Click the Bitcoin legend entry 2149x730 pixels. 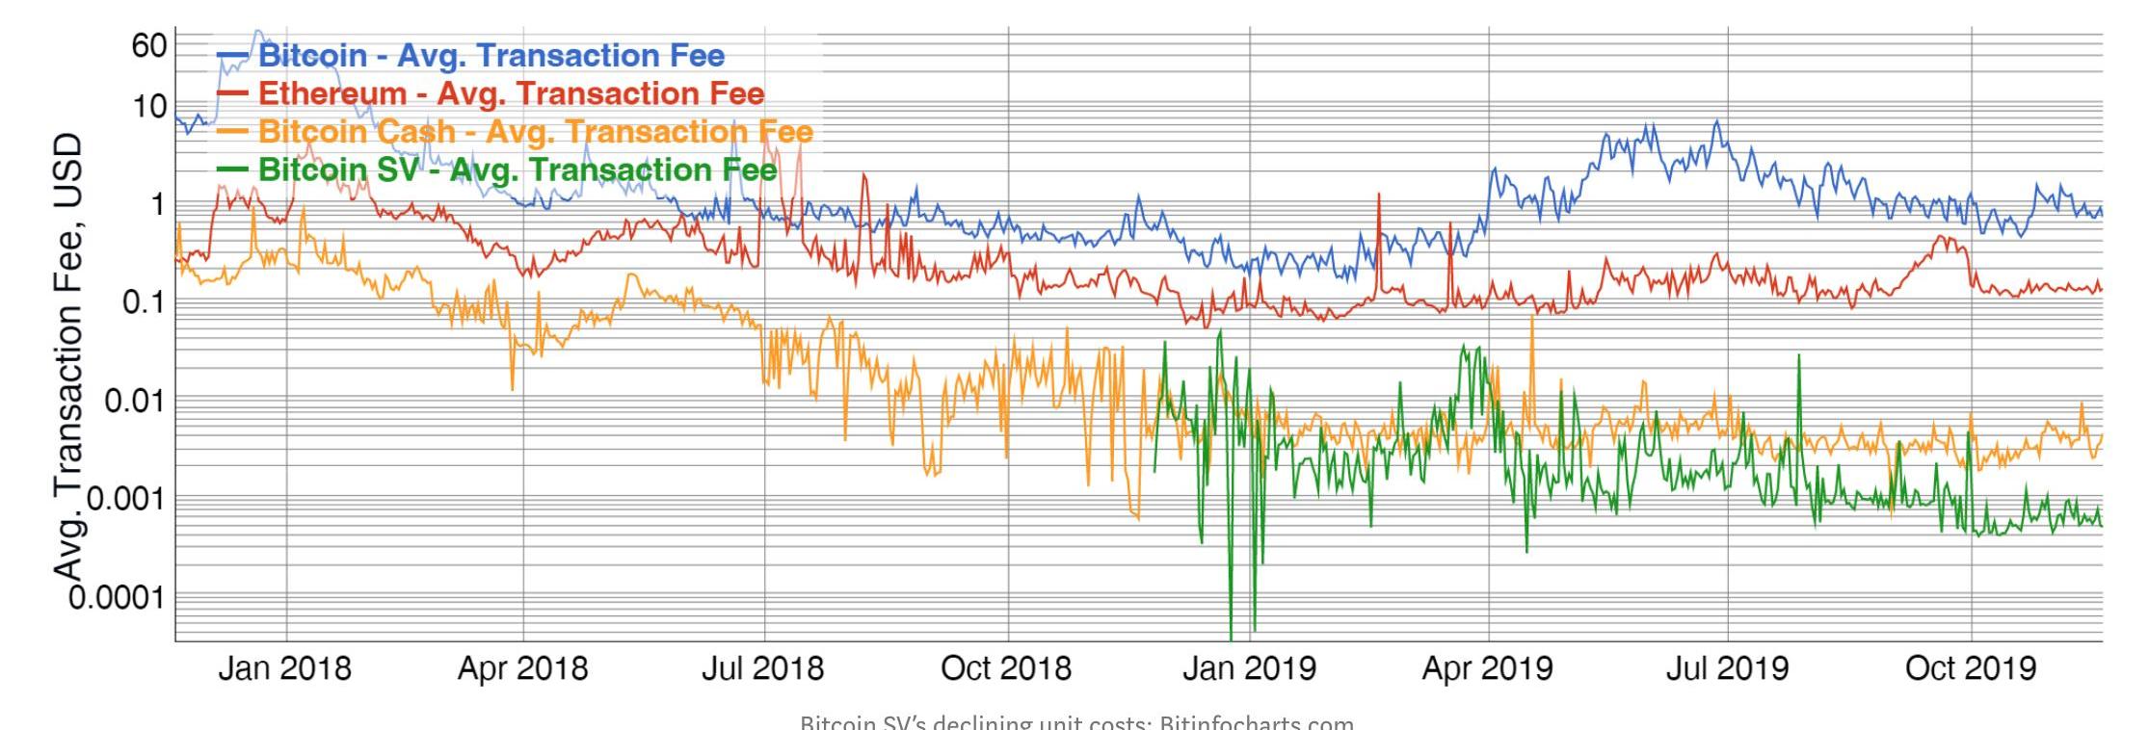point(491,56)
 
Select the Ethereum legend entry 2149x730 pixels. point(511,93)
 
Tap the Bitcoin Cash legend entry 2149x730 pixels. point(535,131)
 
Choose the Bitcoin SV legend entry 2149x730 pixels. point(517,169)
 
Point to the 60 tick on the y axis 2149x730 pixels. point(149,45)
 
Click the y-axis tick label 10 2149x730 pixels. point(149,106)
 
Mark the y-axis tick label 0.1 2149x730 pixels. point(146,302)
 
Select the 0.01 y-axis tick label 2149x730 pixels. point(136,401)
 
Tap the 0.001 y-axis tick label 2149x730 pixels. point(126,499)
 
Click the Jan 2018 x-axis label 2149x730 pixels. point(284,668)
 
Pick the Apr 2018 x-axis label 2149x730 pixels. point(522,668)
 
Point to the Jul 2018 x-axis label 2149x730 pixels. point(762,668)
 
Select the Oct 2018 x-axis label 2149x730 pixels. point(1005,668)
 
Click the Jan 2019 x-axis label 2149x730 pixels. point(1249,668)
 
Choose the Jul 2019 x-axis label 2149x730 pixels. point(1727,668)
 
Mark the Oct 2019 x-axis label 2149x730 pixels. point(1971,668)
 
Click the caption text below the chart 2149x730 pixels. point(1076,721)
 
